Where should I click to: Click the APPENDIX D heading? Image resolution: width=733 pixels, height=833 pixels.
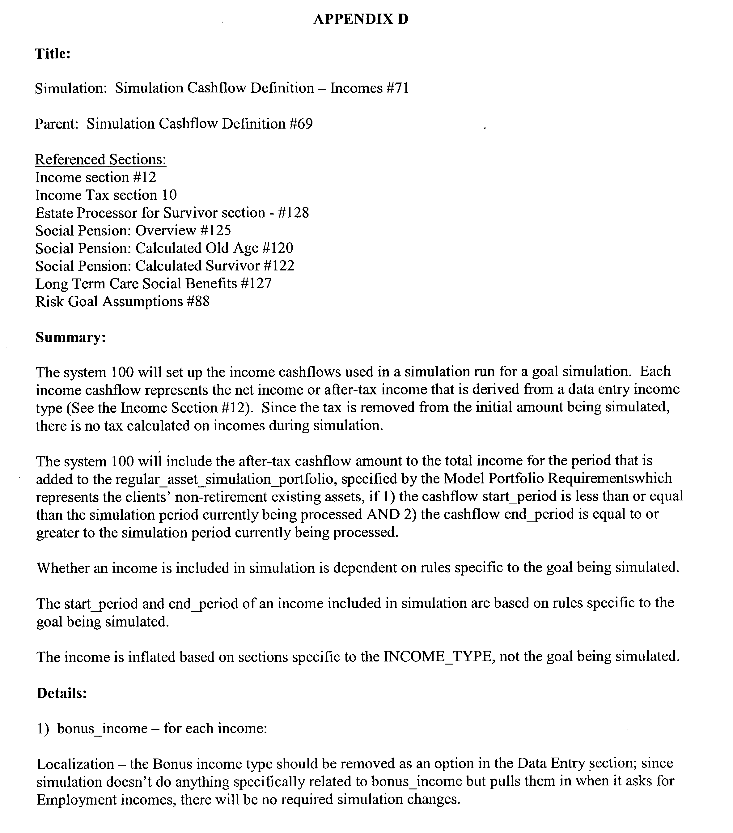point(361,19)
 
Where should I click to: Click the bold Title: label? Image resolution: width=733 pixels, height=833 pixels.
point(53,54)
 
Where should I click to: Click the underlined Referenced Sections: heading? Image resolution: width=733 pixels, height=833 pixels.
point(101,159)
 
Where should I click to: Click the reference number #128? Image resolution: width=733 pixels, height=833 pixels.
point(293,213)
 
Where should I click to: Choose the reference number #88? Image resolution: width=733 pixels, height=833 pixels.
point(197,302)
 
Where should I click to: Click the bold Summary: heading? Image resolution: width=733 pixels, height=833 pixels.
point(70,338)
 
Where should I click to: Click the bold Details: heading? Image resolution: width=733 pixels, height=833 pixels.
point(61,693)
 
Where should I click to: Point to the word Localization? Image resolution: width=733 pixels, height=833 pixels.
point(75,764)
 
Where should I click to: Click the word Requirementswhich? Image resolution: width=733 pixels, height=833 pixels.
point(609,478)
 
